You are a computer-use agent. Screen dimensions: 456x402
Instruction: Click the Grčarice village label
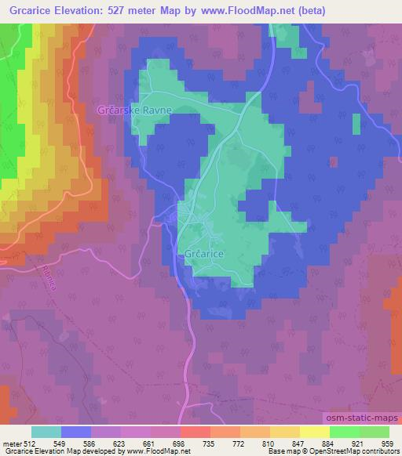(206, 255)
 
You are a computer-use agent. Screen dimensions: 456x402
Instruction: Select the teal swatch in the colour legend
(46, 432)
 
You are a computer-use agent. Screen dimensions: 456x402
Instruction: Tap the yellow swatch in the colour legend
(314, 432)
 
